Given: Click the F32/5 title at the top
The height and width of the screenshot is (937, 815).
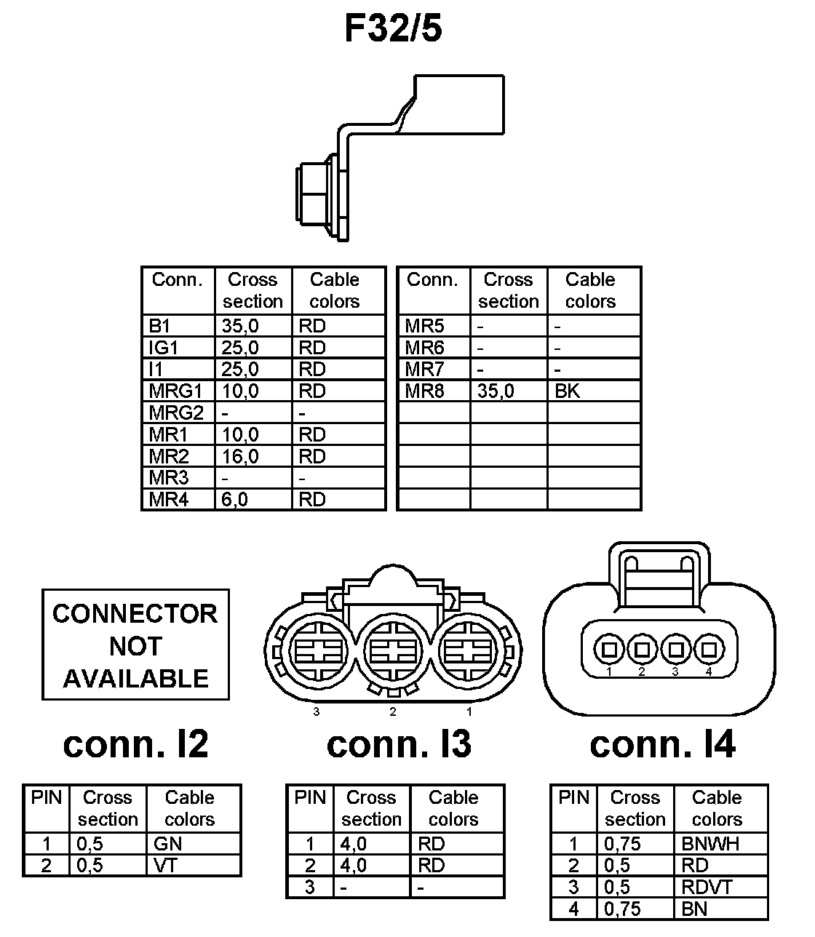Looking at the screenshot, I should pyautogui.click(x=393, y=29).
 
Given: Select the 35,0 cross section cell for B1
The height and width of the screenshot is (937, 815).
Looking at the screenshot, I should pyautogui.click(x=240, y=326).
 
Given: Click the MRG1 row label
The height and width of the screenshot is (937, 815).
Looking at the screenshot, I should pyautogui.click(x=175, y=391).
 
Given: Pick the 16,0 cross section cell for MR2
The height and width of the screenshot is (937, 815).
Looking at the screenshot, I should pyautogui.click(x=240, y=457).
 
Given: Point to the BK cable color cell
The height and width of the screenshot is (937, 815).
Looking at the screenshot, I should pyautogui.click(x=568, y=391).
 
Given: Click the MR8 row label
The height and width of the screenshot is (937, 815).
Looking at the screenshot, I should pyautogui.click(x=424, y=391).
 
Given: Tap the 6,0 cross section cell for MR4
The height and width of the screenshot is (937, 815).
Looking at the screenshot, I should pyautogui.click(x=235, y=500).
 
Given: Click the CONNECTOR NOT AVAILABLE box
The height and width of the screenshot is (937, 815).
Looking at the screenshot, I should pyautogui.click(x=135, y=645).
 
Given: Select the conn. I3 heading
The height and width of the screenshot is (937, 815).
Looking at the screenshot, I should pyautogui.click(x=399, y=743).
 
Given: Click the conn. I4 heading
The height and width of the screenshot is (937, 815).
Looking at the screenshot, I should pyautogui.click(x=662, y=743).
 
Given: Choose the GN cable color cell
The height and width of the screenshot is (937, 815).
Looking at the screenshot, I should pyautogui.click(x=168, y=844).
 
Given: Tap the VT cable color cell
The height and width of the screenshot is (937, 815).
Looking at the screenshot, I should pyautogui.click(x=167, y=866).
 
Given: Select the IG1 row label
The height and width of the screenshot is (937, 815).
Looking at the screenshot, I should pyautogui.click(x=164, y=348).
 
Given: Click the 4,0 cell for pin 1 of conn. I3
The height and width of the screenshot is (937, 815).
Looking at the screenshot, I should pyautogui.click(x=354, y=844).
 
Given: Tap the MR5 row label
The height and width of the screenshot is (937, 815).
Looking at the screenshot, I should pyautogui.click(x=424, y=326).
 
